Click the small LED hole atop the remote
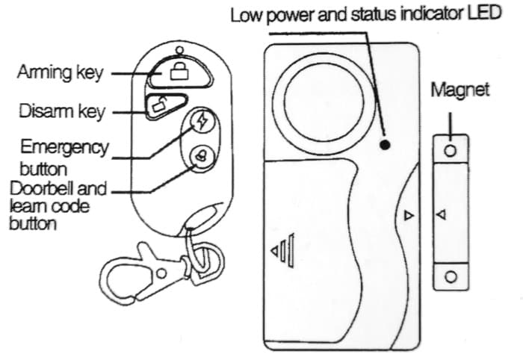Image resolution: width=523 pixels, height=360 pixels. tap(177, 50)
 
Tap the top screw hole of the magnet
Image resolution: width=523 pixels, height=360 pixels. tap(450, 151)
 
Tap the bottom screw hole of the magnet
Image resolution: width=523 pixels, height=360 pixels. tap(450, 277)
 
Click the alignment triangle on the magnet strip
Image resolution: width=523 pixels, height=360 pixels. tap(441, 215)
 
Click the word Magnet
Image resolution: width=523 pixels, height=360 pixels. tap(459, 90)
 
